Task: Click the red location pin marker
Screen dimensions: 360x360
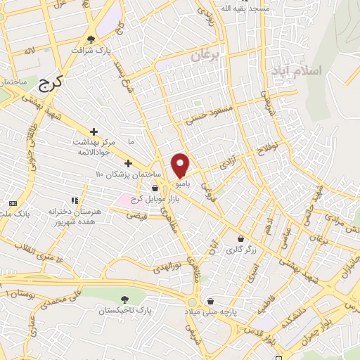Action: [x=181, y=165]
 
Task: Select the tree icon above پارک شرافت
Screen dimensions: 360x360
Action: [x=91, y=39]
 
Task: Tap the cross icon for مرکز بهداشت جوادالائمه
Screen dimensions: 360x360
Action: [x=94, y=131]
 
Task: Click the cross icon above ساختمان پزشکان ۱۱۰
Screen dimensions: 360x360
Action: [x=127, y=163]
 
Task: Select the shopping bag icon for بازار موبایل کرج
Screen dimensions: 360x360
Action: [x=154, y=188]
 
